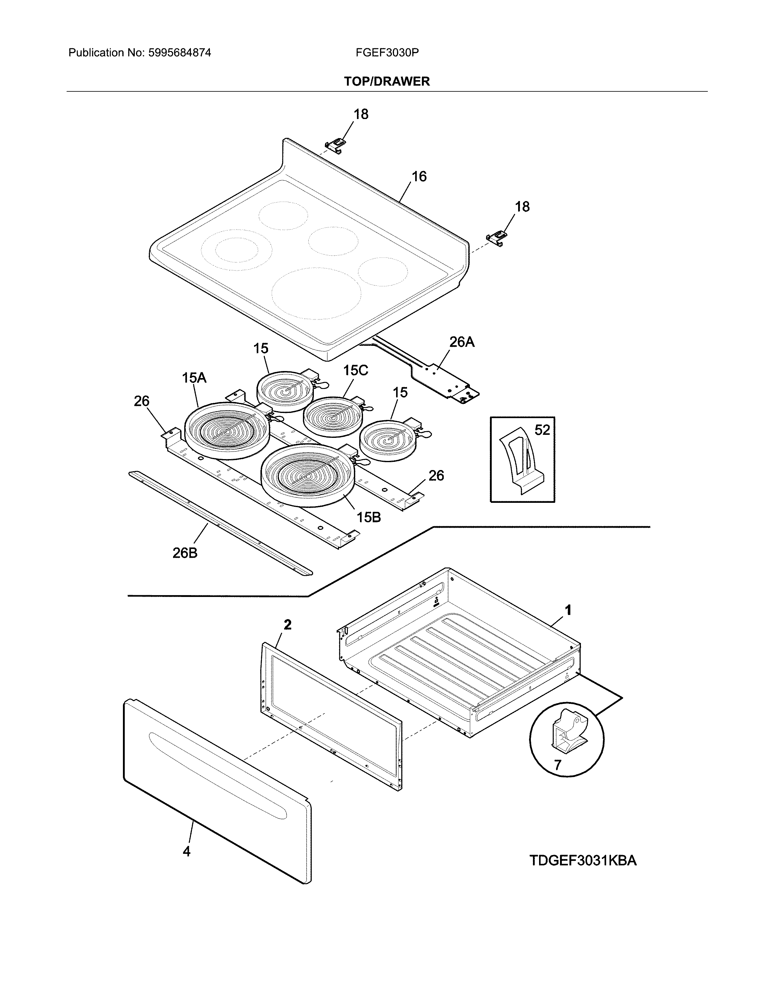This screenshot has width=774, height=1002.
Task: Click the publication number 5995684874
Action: pyautogui.click(x=180, y=53)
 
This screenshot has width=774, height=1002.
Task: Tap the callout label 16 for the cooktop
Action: pyautogui.click(x=419, y=177)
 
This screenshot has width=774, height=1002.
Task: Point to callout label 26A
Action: pyautogui.click(x=461, y=342)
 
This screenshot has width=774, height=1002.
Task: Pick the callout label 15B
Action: pyautogui.click(x=369, y=517)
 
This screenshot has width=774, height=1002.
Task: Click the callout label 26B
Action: pyautogui.click(x=185, y=553)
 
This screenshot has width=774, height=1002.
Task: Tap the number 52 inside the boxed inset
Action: pyautogui.click(x=542, y=430)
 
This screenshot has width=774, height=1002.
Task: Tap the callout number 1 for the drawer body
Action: pyautogui.click(x=568, y=610)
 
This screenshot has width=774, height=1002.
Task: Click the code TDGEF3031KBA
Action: pyautogui.click(x=583, y=861)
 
